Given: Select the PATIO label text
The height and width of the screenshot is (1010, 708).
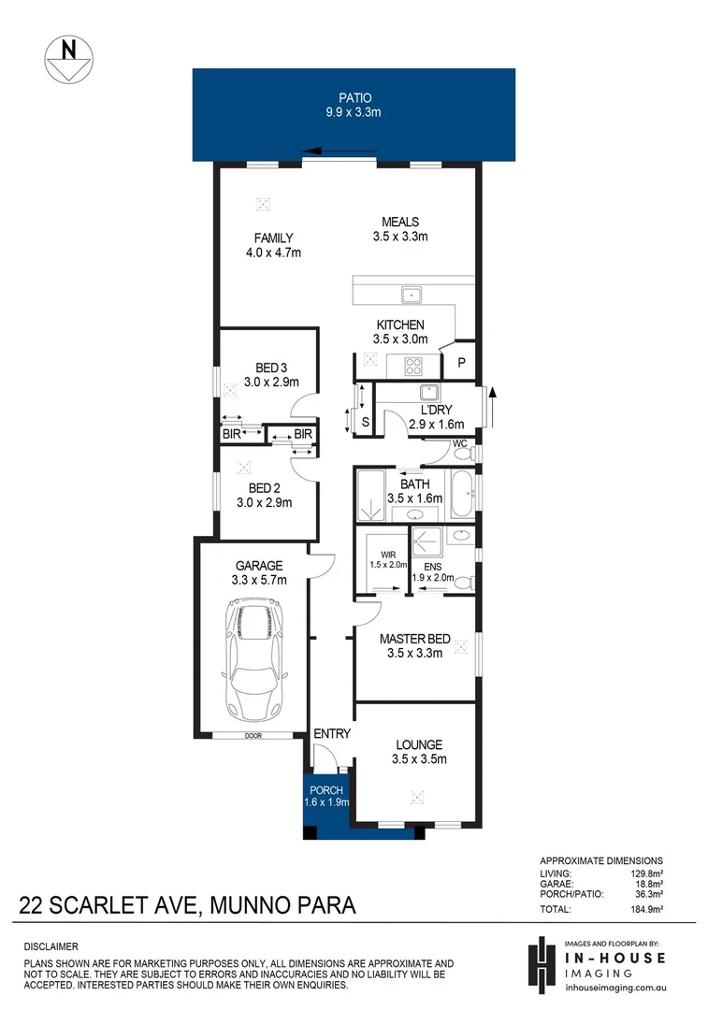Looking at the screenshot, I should (354, 97).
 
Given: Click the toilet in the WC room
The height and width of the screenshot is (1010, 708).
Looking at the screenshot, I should (461, 454).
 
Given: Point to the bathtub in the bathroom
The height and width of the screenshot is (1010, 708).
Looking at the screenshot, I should (460, 495).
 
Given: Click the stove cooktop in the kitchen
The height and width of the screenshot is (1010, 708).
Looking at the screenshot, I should (412, 365).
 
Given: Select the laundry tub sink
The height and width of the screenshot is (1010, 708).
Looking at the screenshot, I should (429, 393).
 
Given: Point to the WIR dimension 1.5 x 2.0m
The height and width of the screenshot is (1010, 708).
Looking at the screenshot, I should (388, 564).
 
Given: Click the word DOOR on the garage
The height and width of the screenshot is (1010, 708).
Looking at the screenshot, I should (253, 736).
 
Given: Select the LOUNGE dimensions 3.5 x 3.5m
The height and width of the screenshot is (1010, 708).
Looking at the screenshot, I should (418, 759).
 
